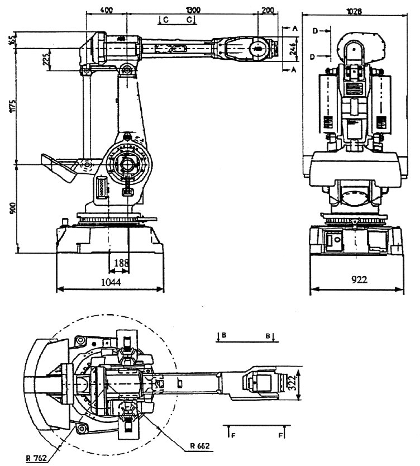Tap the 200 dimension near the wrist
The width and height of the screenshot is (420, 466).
click(268, 9)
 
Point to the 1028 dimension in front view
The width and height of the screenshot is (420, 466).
click(353, 10)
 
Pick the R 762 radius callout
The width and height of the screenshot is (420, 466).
click(35, 459)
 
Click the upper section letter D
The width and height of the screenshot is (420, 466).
click(315, 32)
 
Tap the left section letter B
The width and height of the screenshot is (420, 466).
click(223, 335)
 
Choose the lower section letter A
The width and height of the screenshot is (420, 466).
click(293, 69)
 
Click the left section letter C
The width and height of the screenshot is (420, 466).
click(165, 20)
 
